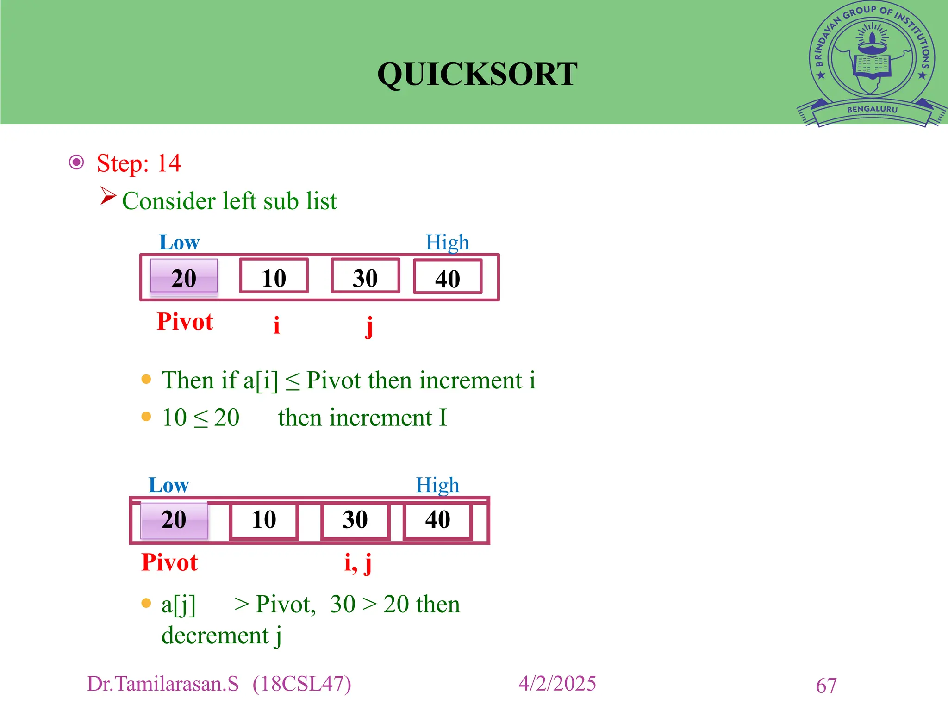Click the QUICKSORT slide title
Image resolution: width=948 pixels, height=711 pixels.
pyautogui.click(x=477, y=74)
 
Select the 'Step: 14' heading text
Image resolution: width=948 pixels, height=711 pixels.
pyautogui.click(x=138, y=163)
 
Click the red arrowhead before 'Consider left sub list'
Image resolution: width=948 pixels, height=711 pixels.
pyautogui.click(x=107, y=196)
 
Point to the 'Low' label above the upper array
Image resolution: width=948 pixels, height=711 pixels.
pyautogui.click(x=179, y=243)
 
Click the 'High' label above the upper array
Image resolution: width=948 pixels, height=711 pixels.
pyautogui.click(x=447, y=243)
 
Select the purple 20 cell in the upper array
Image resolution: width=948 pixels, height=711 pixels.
pyautogui.click(x=184, y=277)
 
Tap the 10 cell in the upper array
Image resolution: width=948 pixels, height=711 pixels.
pyautogui.click(x=274, y=277)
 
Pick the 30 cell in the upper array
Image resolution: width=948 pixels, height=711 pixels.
pyautogui.click(x=365, y=277)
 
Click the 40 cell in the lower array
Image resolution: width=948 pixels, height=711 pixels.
pyautogui.click(x=437, y=519)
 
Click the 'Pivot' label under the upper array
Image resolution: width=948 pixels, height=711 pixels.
pyautogui.click(x=185, y=322)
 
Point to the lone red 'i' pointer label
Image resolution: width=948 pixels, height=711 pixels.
pyautogui.click(x=276, y=325)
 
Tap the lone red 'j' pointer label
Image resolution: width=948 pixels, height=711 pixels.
pyautogui.click(x=369, y=326)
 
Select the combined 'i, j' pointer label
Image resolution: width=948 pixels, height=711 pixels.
pyautogui.click(x=358, y=563)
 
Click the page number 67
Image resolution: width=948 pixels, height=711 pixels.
pyautogui.click(x=826, y=686)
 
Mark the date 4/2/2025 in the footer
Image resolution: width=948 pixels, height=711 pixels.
pyautogui.click(x=557, y=684)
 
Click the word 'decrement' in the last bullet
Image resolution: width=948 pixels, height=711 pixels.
pyautogui.click(x=215, y=635)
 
